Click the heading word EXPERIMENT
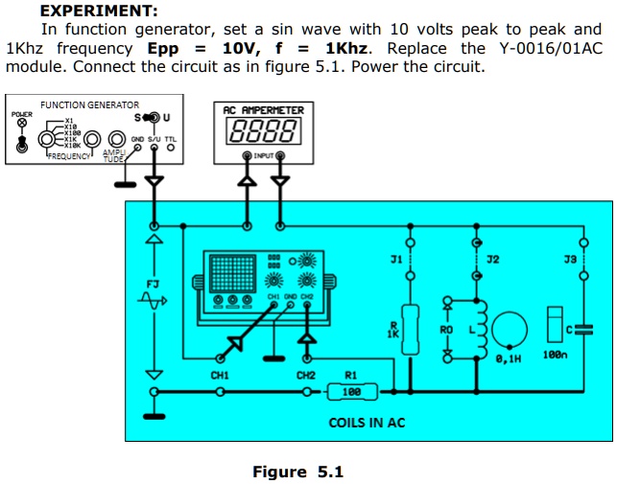(x=99, y=12)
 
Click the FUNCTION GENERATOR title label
(x=89, y=104)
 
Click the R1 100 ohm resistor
(x=351, y=391)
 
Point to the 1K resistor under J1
(x=410, y=329)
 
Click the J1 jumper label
(x=395, y=260)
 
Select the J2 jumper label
(x=492, y=260)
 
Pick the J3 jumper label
(x=570, y=260)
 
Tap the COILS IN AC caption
(x=367, y=422)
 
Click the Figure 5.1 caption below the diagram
(x=297, y=472)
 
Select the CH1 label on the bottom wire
(x=220, y=376)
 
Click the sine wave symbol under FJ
(x=153, y=301)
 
